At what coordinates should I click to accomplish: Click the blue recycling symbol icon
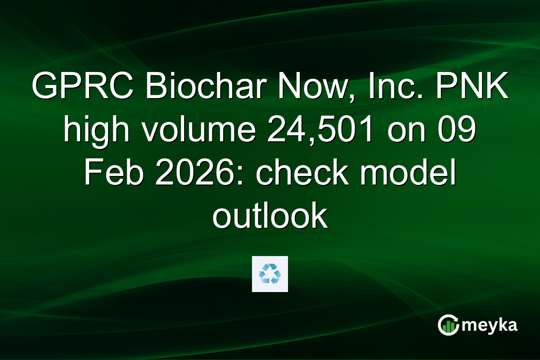point(270,274)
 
